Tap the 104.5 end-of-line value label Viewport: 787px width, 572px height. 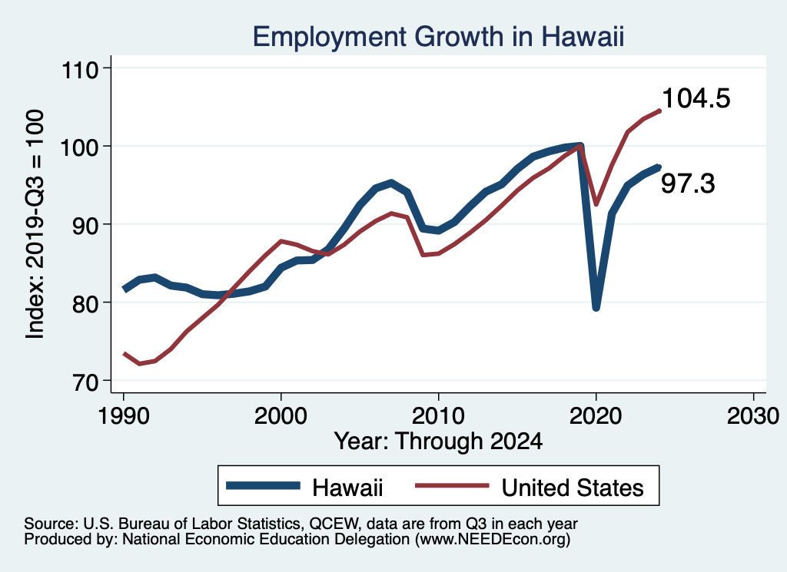click(696, 98)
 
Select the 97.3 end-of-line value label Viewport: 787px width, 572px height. click(689, 184)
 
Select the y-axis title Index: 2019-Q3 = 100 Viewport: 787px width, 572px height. click(35, 223)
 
